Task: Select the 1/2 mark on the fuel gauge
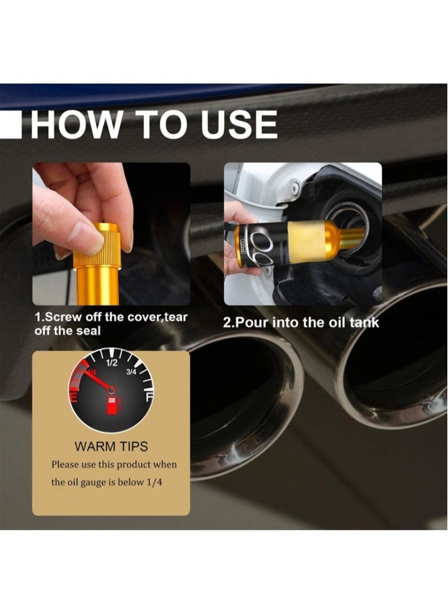[x=111, y=363]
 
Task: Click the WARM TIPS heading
[x=111, y=447]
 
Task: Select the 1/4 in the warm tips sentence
[x=164, y=483]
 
